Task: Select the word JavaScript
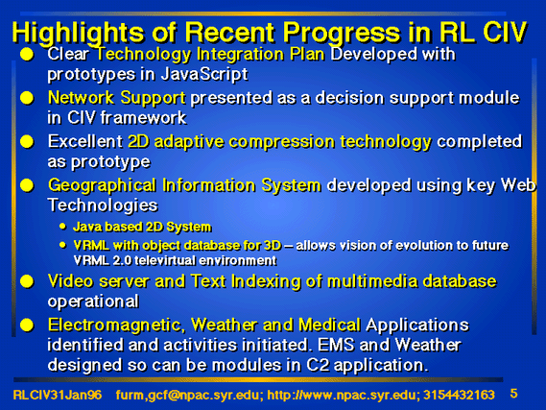(204, 75)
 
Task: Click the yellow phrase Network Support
(117, 98)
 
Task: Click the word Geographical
(102, 186)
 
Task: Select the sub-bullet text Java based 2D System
(142, 228)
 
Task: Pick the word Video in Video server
(71, 280)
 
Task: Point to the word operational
(93, 301)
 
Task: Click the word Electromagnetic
(115, 326)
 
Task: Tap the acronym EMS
(336, 346)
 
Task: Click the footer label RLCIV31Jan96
(58, 395)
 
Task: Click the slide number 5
(513, 394)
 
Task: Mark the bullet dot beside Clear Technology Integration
(27, 55)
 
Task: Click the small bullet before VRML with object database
(62, 245)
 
